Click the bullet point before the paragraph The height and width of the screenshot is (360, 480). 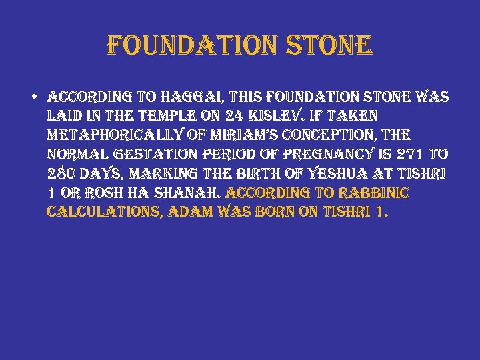(33, 96)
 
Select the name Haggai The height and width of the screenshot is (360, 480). (205, 97)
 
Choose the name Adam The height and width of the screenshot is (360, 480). (195, 213)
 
